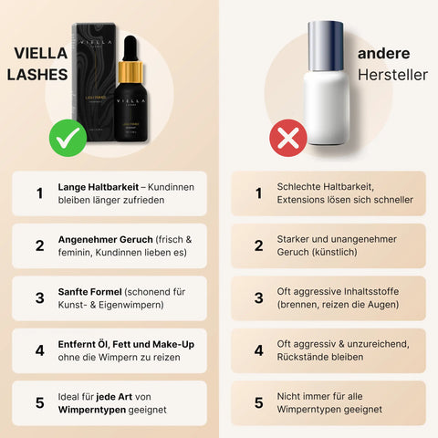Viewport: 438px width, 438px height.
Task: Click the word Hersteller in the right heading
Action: [385, 76]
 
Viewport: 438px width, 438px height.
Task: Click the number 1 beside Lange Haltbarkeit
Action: [39, 193]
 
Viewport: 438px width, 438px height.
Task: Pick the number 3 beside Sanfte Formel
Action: [39, 297]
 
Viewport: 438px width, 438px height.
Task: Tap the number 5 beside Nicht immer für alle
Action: [258, 402]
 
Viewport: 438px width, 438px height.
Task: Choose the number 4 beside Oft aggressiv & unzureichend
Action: [258, 350]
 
